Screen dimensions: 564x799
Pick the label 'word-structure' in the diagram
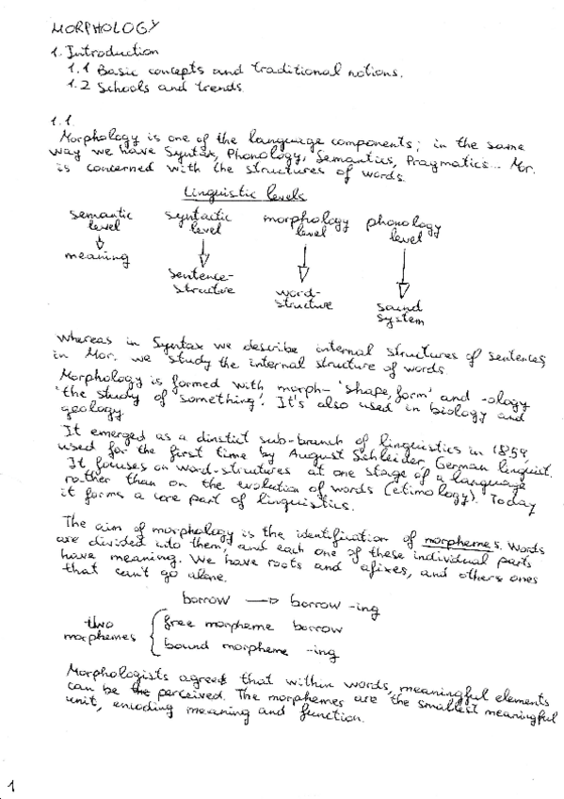pos(302,299)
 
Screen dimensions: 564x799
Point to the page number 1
pos(12,783)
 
